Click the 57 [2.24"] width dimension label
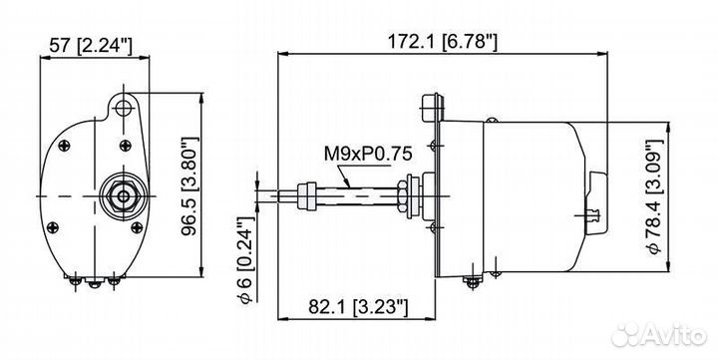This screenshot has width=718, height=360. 90,46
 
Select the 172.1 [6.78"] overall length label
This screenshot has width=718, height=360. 442,42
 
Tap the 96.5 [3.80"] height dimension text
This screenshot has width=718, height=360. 190,185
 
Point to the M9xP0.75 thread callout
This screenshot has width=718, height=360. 368,154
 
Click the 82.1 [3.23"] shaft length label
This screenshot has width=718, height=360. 358,306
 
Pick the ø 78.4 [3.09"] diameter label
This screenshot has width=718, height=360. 654,196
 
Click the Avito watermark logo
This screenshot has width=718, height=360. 659,335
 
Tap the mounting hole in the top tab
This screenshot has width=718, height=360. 123,108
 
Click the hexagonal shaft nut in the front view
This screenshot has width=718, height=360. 124,196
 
